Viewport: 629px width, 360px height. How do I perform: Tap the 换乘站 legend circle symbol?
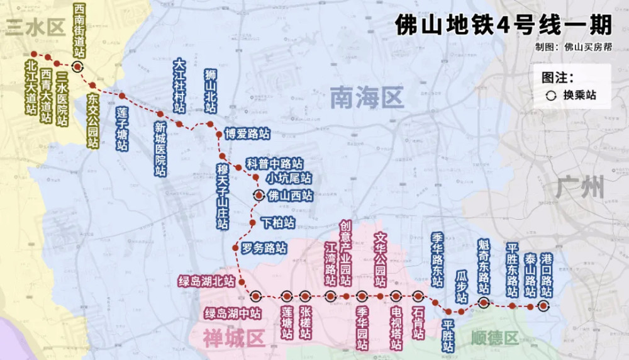550,96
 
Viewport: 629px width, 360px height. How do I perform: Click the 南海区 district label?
367,98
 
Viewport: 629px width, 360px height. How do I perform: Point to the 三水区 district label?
35,28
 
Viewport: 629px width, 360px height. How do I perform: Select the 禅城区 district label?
233,338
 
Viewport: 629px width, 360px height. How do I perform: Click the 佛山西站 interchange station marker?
259,195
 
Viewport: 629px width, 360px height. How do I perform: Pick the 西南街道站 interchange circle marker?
77,67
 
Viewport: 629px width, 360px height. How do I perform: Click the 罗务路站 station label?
264,248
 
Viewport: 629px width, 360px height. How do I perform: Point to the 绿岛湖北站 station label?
206,281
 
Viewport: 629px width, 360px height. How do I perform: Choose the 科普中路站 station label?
274,164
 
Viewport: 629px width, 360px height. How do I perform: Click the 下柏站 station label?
277,223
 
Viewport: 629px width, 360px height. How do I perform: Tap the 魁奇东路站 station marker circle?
484,303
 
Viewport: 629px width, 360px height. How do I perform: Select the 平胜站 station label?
448,335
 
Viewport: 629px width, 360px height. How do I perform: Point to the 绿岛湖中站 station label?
233,312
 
